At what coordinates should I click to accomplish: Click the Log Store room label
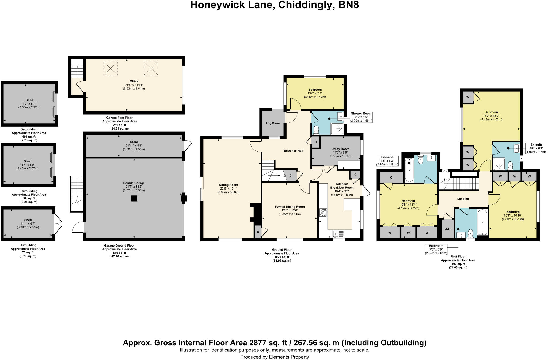tap(273, 123)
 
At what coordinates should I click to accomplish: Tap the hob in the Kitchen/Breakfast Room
tap(323, 213)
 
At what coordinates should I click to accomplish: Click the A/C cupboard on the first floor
tap(447, 229)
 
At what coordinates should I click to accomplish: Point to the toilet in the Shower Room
tap(316, 130)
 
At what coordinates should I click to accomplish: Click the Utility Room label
tap(340, 149)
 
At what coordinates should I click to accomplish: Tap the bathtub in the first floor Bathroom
tap(482, 222)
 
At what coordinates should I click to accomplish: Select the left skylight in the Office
tap(111, 68)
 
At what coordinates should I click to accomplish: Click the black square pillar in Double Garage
tap(134, 198)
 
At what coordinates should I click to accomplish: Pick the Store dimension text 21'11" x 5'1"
tap(134, 146)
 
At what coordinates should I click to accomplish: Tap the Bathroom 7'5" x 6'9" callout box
tap(436, 249)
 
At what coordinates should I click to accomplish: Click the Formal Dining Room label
tap(290, 207)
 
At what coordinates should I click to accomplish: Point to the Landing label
tap(463, 199)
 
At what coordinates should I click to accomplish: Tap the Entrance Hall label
tap(293, 151)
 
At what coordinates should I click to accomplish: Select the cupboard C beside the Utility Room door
tap(315, 142)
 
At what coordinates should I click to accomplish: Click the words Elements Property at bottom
tap(289, 357)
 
